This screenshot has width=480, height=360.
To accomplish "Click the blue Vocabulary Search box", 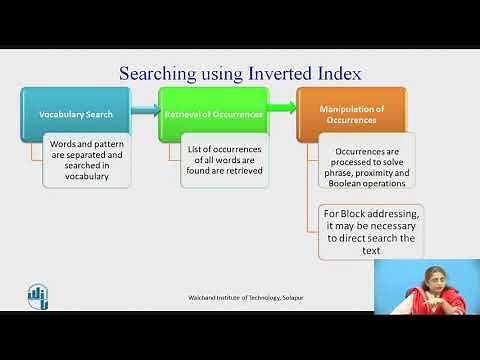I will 76,113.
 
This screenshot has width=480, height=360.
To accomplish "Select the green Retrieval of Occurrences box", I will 212,113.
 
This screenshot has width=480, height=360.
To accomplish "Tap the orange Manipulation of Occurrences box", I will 351,112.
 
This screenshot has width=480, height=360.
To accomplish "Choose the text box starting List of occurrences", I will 225,160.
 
